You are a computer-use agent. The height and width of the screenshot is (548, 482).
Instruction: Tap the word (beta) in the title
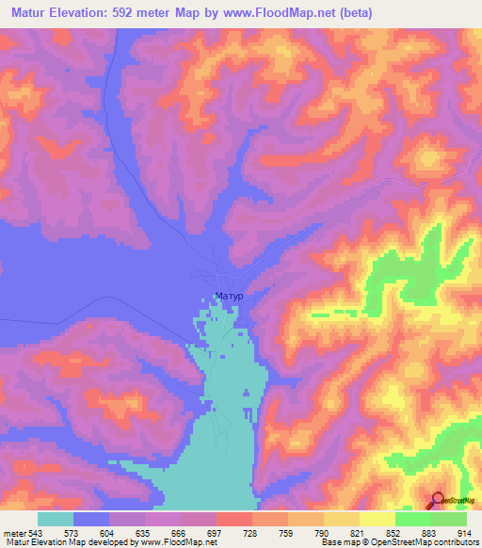(352, 13)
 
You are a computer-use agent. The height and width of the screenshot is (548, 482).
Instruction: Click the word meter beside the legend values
(16, 532)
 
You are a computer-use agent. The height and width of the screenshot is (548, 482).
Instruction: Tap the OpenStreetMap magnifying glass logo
(438, 500)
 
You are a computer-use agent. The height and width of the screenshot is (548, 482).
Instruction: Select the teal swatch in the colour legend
(56, 519)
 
